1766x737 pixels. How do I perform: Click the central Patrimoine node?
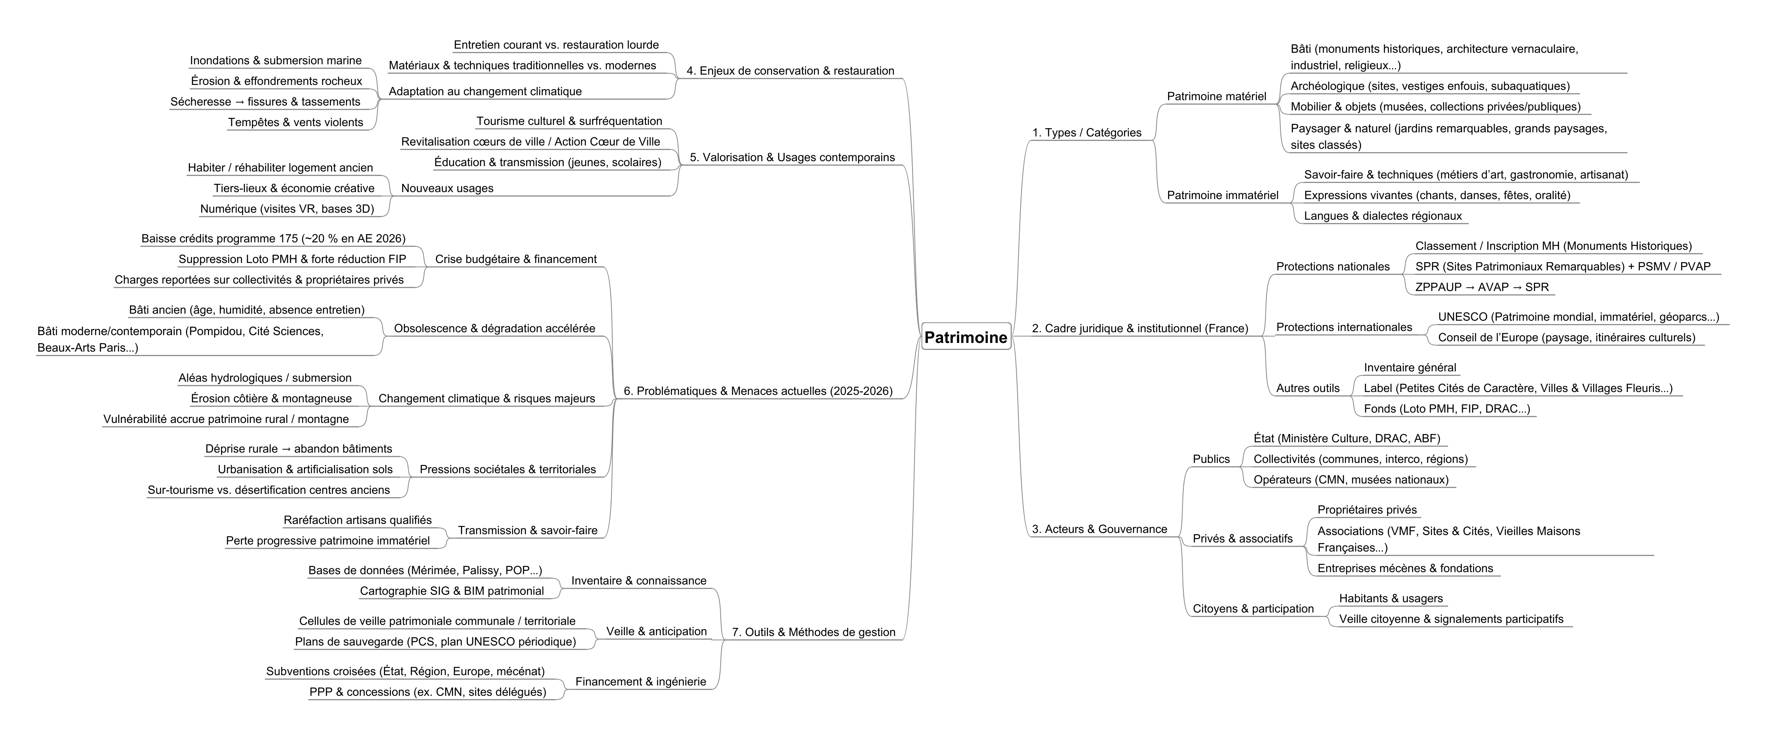[x=966, y=337]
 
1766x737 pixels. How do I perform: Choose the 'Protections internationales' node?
[x=1344, y=327]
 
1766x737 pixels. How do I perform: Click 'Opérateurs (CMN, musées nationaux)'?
[x=1350, y=479]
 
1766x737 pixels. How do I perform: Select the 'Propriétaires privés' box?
[x=1366, y=509]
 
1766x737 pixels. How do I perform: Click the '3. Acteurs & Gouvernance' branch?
[x=1099, y=528]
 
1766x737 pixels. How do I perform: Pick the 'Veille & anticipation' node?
[x=656, y=631]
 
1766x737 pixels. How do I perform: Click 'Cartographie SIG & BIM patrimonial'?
[x=452, y=590]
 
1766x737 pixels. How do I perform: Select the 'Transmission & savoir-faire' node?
[x=527, y=530]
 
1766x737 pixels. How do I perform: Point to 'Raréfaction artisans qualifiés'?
[x=358, y=520]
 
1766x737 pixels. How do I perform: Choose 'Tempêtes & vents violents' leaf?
[x=296, y=122]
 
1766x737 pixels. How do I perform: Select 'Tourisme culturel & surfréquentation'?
[x=569, y=121]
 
